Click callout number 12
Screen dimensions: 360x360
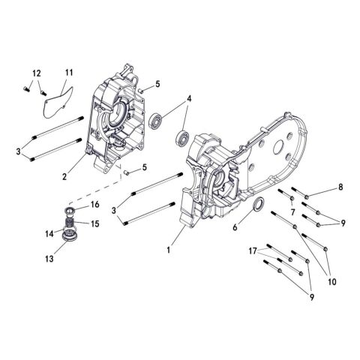(x=34, y=72)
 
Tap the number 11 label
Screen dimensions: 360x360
(x=68, y=72)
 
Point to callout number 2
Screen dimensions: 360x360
(x=65, y=176)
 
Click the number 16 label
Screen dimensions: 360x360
(x=95, y=204)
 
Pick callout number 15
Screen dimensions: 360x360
(x=95, y=223)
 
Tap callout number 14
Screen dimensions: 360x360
(x=49, y=234)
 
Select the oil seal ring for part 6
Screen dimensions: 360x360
(x=255, y=207)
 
